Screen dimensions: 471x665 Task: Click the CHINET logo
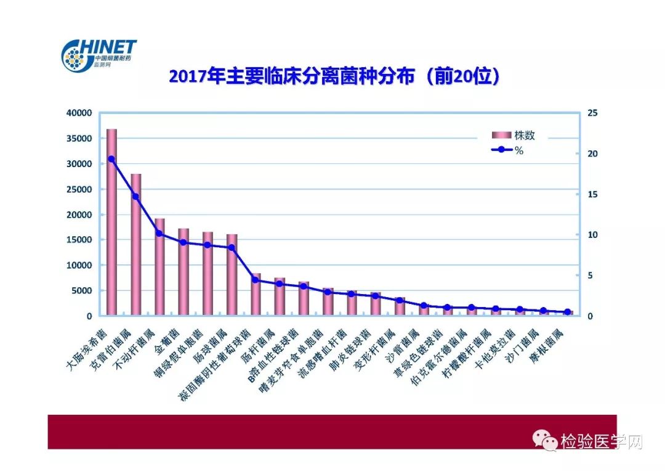pyautogui.click(x=99, y=54)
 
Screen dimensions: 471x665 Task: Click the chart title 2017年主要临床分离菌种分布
pyautogui.click(x=333, y=78)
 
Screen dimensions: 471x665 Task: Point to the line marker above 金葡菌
pyautogui.click(x=183, y=242)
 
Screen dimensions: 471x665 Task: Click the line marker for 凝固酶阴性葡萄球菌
pyautogui.click(x=256, y=279)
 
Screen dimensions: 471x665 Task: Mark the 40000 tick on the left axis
pyautogui.click(x=79, y=113)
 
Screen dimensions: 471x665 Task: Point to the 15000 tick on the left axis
pyautogui.click(x=79, y=240)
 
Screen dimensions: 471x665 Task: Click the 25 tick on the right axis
pyautogui.click(x=592, y=113)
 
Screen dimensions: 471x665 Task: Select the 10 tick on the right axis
pyautogui.click(x=592, y=235)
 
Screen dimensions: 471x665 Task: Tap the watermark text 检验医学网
pyautogui.click(x=601, y=441)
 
